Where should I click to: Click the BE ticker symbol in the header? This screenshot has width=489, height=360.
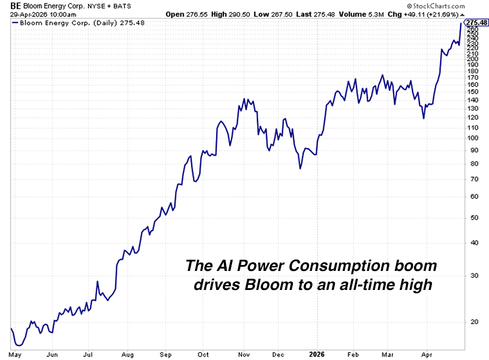tap(8, 5)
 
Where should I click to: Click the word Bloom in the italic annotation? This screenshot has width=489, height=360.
tap(265, 285)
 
